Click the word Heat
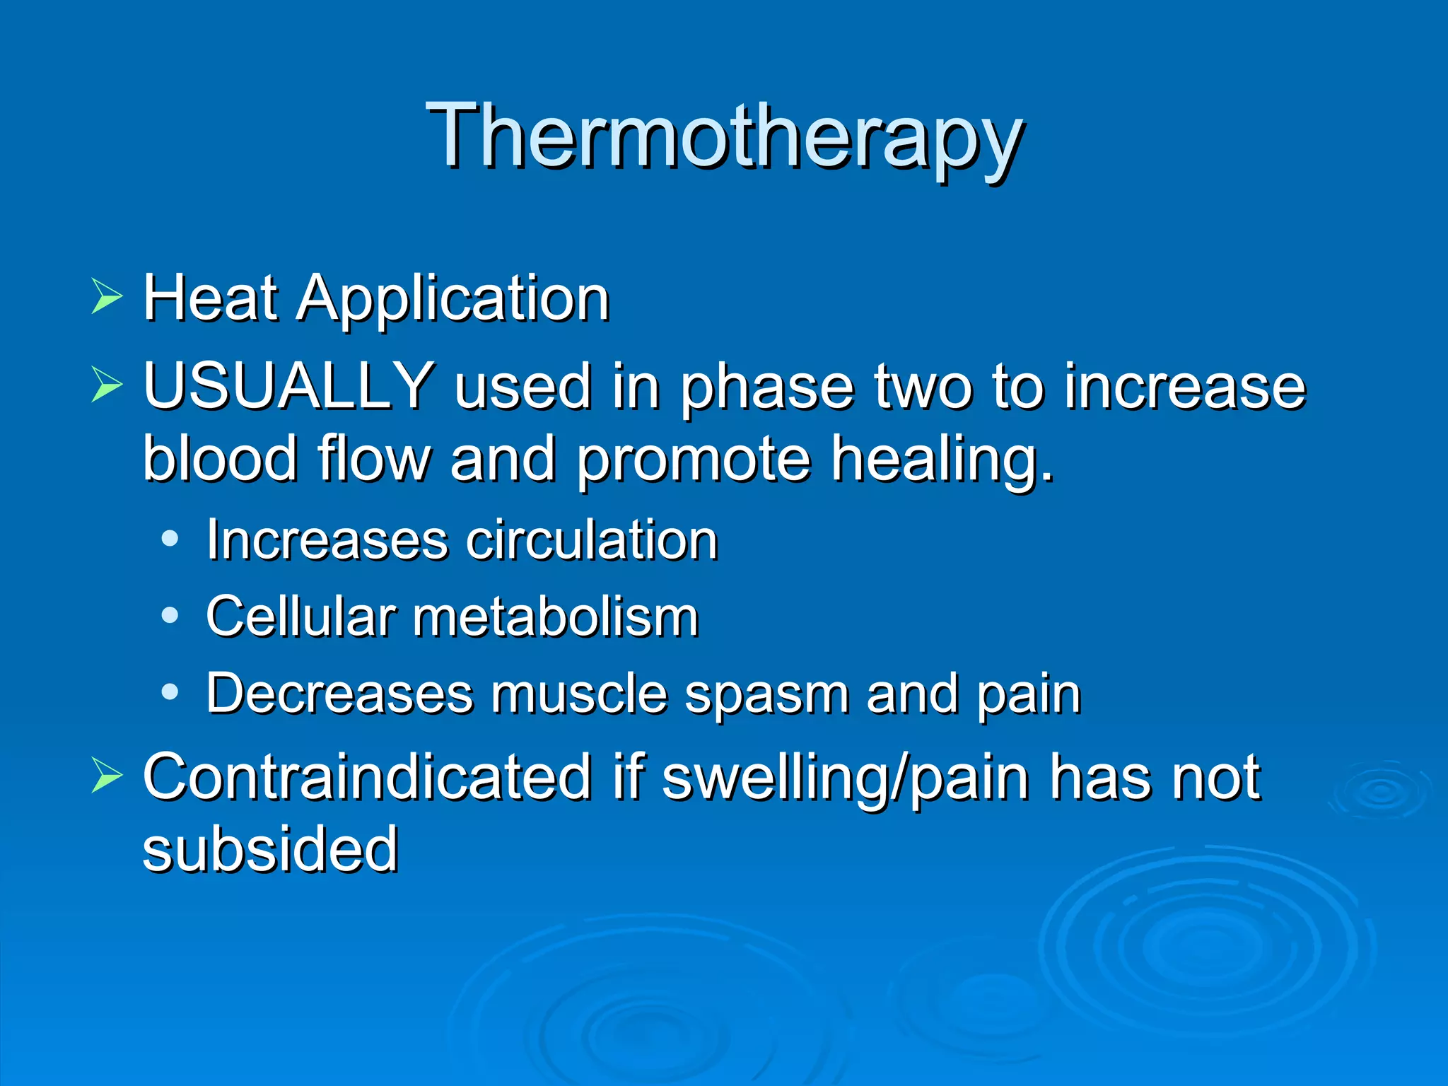point(210,298)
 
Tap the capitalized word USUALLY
point(288,385)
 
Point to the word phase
point(766,389)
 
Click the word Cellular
point(300,617)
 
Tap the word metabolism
point(556,617)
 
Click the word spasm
point(766,696)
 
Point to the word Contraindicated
point(367,777)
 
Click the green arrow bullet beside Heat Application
point(107,297)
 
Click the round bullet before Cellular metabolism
point(170,615)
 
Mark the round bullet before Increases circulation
point(170,539)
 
